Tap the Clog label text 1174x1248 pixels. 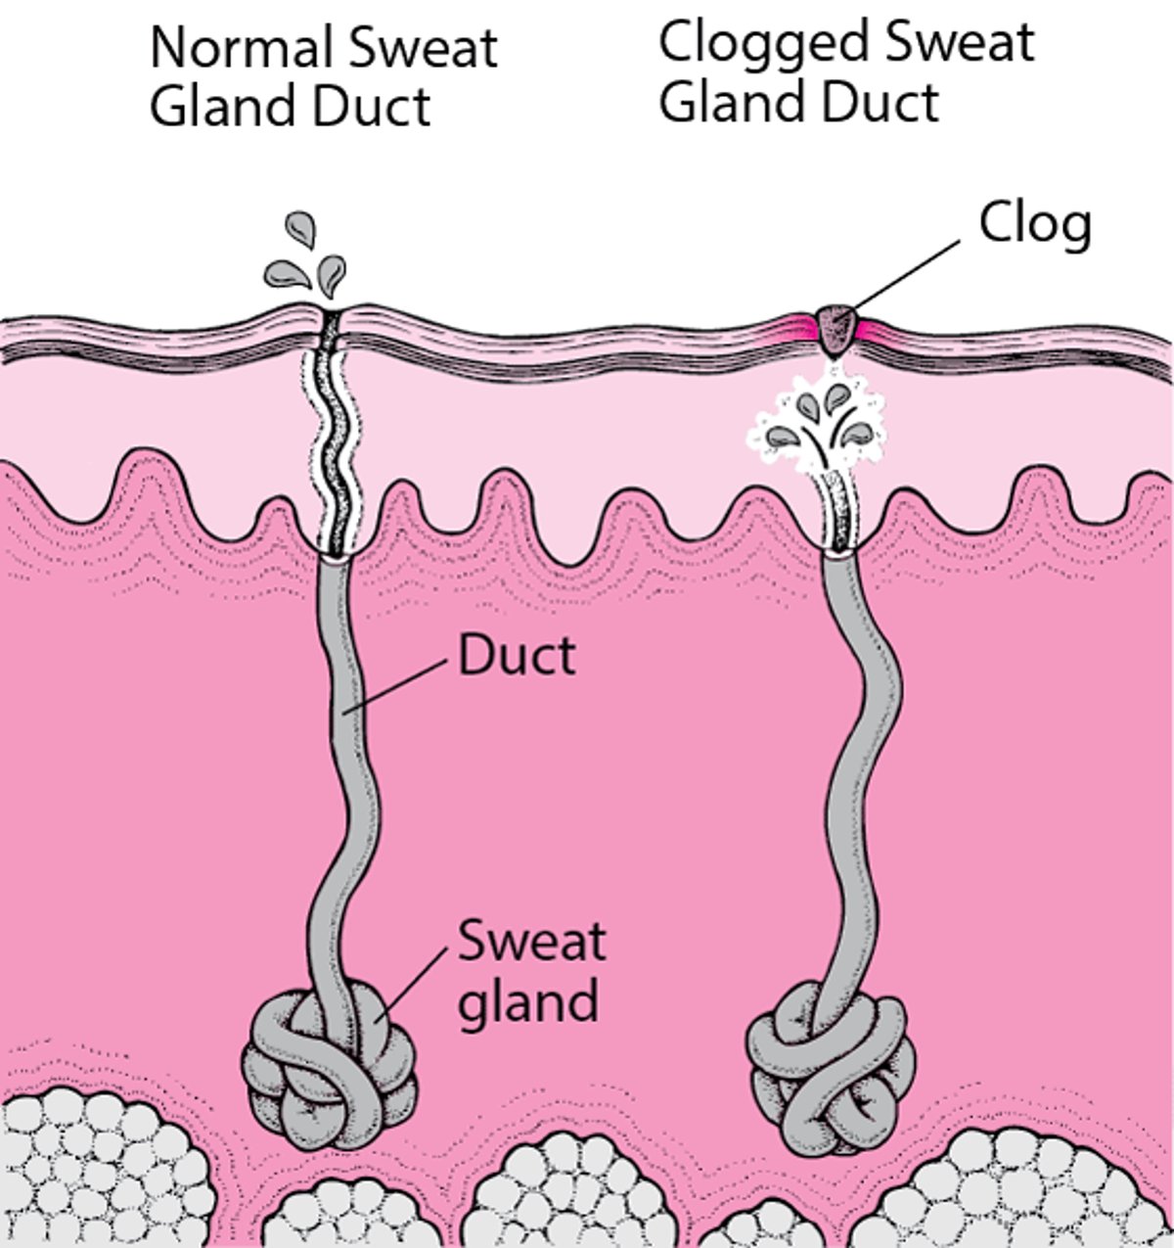[x=1035, y=224]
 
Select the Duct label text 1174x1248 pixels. [x=517, y=656]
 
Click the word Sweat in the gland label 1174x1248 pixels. [x=531, y=942]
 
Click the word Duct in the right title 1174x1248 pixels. [x=885, y=103]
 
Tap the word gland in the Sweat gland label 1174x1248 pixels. [x=527, y=1000]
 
